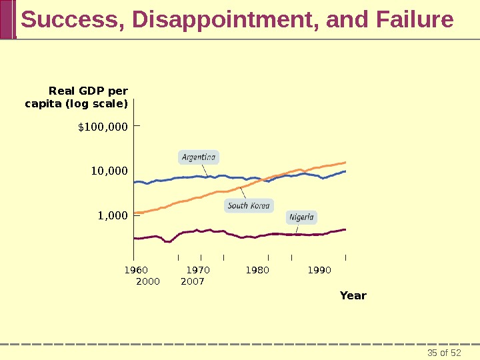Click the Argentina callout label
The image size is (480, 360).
coord(199,157)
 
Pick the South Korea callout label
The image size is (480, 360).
coord(249,205)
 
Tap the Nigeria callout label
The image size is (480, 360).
coord(301,217)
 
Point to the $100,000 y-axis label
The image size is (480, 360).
coord(103,125)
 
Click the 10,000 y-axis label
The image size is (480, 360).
coord(109,171)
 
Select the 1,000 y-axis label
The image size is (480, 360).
coord(112,216)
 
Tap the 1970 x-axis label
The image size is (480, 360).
coord(198,270)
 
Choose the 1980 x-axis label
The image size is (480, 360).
coord(257,270)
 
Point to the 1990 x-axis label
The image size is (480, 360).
coord(319,270)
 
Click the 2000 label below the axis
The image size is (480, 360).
coord(148,281)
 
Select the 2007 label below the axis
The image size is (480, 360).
coord(193,281)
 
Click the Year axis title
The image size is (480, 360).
coord(353,295)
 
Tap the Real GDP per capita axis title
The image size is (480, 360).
coord(77,97)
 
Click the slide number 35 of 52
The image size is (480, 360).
coord(444,353)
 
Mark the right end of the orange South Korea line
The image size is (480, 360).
coord(345,162)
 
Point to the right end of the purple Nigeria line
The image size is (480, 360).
coord(345,229)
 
